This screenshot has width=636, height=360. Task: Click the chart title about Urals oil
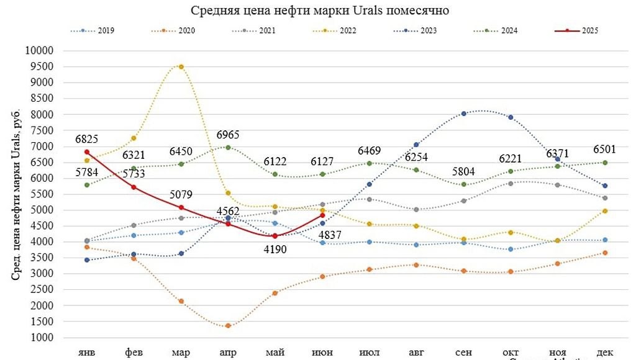pyautogui.click(x=319, y=11)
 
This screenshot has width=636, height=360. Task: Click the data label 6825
pyautogui.click(x=86, y=139)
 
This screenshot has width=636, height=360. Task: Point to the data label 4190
pyautogui.click(x=275, y=251)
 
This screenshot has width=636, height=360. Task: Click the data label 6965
pyautogui.click(x=228, y=135)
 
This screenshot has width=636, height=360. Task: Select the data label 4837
pyautogui.click(x=322, y=234)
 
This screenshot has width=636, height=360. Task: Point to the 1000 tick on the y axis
pyautogui.click(x=43, y=337)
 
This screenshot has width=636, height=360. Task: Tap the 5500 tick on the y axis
pyautogui.click(x=43, y=194)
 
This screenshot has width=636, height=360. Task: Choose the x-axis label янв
pyautogui.click(x=86, y=352)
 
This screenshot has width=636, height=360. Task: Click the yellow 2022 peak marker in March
pyautogui.click(x=181, y=66)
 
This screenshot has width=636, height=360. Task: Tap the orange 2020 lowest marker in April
pyautogui.click(x=228, y=325)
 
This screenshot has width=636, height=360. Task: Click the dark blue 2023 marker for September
pyautogui.click(x=463, y=114)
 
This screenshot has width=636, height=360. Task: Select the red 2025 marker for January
pyautogui.click(x=87, y=151)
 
